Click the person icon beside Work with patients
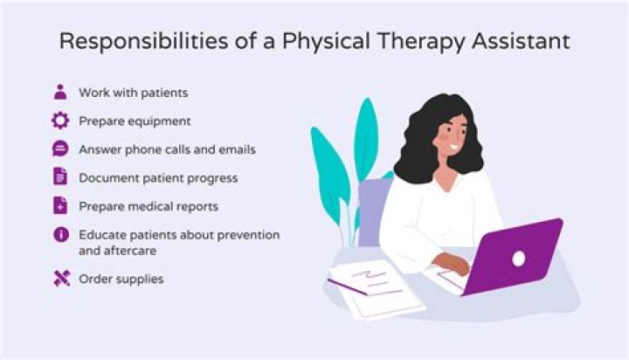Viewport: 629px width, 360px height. point(60,92)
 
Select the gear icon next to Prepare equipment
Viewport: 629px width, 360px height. point(60,121)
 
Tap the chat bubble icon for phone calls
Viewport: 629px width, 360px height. point(60,149)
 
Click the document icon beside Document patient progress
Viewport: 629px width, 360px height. point(60,177)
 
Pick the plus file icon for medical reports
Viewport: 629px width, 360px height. point(60,206)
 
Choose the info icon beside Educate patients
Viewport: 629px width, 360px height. point(60,235)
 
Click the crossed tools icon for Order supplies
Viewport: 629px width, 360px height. point(60,279)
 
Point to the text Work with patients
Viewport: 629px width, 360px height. point(132,92)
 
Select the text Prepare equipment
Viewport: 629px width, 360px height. point(135,121)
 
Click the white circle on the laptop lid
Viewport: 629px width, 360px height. point(518,258)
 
